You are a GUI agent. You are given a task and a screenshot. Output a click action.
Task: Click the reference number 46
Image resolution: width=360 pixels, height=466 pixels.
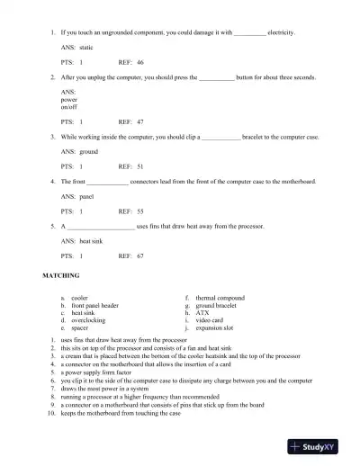click(140, 64)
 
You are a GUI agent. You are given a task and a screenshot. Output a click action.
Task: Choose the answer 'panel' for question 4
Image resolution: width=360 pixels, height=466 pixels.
click(87, 195)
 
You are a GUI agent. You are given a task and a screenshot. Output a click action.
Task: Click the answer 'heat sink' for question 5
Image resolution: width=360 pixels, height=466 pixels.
click(93, 240)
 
